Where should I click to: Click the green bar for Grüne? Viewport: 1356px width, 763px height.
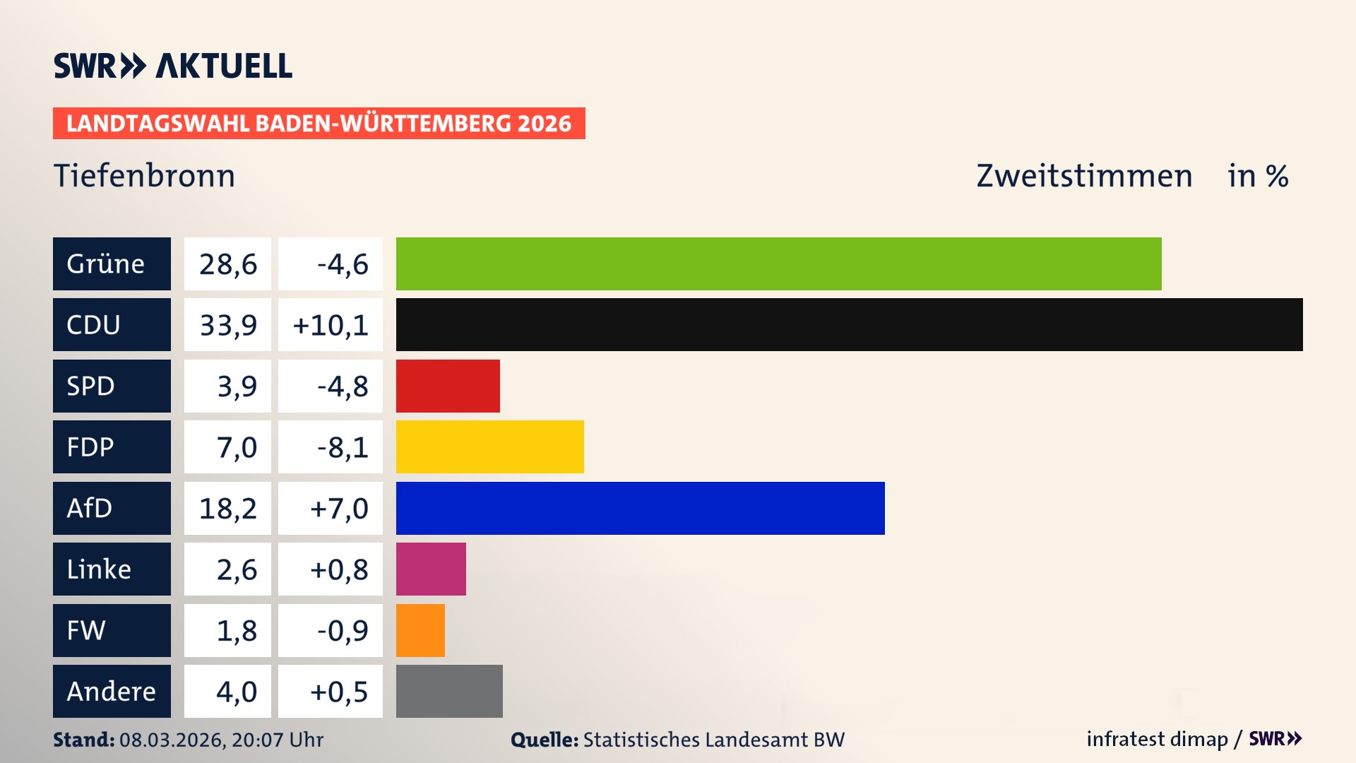coord(778,264)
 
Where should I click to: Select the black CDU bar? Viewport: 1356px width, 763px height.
coord(849,324)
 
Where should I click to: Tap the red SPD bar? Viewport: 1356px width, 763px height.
coord(448,386)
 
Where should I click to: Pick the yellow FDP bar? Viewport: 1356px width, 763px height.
coord(489,446)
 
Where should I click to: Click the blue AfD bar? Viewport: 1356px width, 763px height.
coord(640,508)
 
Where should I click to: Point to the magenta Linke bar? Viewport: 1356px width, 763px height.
coord(431,569)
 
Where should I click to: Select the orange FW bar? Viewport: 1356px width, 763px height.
coord(420,630)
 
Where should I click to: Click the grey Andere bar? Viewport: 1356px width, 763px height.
coord(449,691)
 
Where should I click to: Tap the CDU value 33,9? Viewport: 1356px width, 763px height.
coord(227,325)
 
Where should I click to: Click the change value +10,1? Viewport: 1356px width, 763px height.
coord(330,325)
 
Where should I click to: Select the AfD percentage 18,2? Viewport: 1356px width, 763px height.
coord(227,508)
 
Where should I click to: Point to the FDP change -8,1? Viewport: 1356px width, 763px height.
coord(343,447)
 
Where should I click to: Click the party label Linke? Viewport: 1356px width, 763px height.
coord(99,569)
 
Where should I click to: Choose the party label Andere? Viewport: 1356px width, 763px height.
coord(111,691)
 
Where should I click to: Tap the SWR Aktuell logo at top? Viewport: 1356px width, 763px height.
coord(172,66)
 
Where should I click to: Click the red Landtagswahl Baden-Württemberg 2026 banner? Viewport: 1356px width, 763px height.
coord(319,123)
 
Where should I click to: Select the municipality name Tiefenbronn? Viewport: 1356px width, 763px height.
coord(144,175)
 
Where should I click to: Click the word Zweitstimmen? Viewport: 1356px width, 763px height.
coord(1084,175)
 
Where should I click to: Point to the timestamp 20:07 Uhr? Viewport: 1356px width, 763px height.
coord(277,740)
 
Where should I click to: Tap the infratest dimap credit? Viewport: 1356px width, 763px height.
coord(1157,739)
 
